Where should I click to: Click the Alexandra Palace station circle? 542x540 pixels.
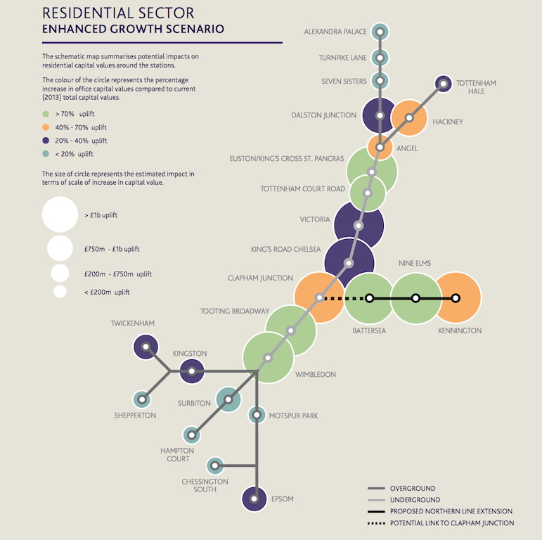pyautogui.click(x=380, y=32)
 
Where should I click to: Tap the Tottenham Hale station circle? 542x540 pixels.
pyautogui.click(x=443, y=84)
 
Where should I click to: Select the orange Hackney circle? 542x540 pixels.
pyautogui.click(x=410, y=117)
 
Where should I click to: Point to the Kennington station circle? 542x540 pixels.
pyautogui.click(x=456, y=298)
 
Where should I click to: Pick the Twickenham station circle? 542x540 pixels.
pyautogui.click(x=146, y=347)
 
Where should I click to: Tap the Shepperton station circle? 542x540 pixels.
pyautogui.click(x=142, y=399)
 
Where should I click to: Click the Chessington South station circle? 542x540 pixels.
pyautogui.click(x=215, y=465)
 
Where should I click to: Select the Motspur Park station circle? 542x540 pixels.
pyautogui.click(x=257, y=415)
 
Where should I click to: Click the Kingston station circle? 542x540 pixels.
pyautogui.click(x=191, y=371)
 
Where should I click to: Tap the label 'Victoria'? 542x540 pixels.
pyautogui.click(x=314, y=219)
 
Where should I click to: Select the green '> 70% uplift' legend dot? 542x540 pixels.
pyautogui.click(x=46, y=114)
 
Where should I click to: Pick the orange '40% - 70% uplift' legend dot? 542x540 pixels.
pyautogui.click(x=46, y=127)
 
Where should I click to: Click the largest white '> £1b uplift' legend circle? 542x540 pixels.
pyautogui.click(x=60, y=214)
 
